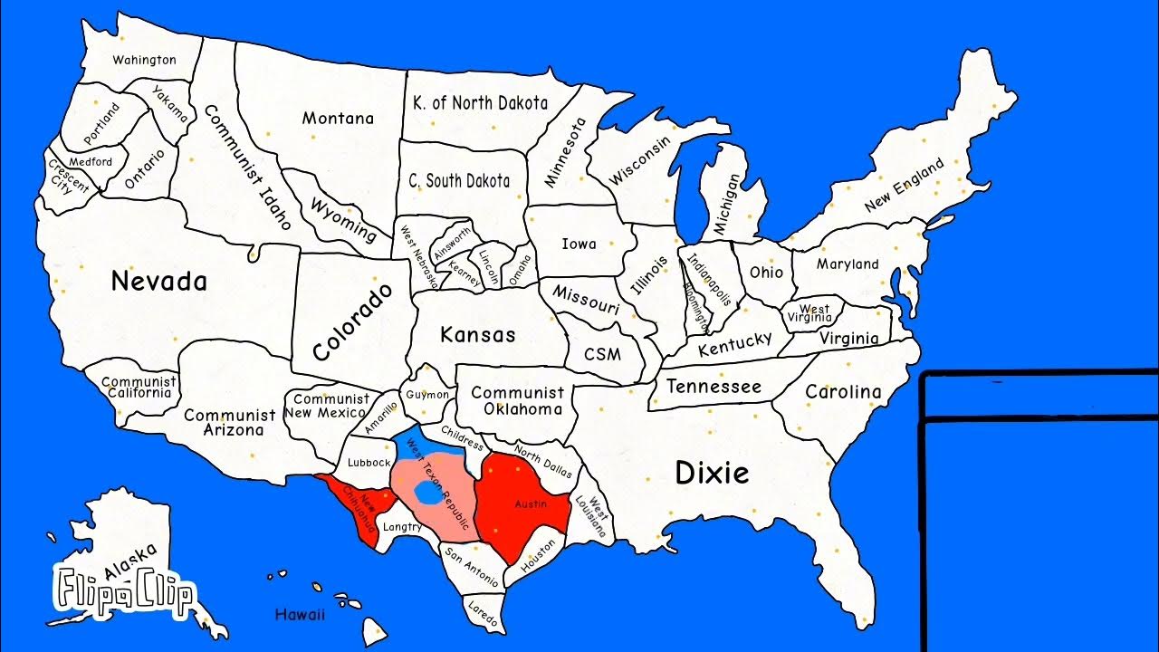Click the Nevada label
click(158, 282)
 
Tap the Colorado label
click(354, 322)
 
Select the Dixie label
click(713, 472)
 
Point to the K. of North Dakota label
click(480, 103)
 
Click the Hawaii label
click(299, 615)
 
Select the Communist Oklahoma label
click(517, 401)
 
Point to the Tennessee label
click(714, 387)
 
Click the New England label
click(904, 186)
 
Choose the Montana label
click(338, 119)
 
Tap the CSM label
click(602, 353)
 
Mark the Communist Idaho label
click(247, 168)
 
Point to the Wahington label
click(144, 60)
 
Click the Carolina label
click(843, 392)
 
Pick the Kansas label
click(477, 334)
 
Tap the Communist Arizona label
click(230, 422)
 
